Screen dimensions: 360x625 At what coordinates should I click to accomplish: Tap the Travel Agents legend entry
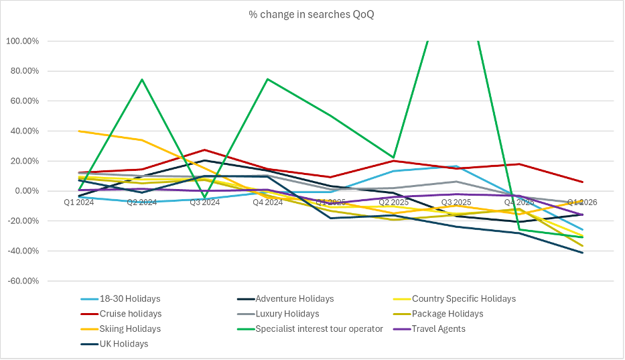click(x=439, y=328)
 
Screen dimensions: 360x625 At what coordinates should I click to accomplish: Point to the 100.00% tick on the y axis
click(x=23, y=41)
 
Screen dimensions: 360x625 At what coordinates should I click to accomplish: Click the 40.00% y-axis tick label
click(x=25, y=131)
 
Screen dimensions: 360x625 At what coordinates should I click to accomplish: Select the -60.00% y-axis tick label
click(x=23, y=282)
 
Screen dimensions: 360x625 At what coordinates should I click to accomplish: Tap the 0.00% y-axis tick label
click(x=27, y=191)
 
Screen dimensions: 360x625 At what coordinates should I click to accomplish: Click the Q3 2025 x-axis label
click(x=456, y=202)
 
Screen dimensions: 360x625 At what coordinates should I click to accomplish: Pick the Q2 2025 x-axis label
click(x=393, y=202)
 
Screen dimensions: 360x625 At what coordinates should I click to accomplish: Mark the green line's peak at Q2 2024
click(x=142, y=80)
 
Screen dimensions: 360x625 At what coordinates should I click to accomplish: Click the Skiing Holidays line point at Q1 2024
click(x=79, y=131)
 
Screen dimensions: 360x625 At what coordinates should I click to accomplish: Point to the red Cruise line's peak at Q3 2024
click(x=204, y=150)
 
